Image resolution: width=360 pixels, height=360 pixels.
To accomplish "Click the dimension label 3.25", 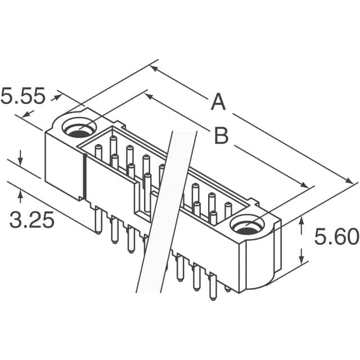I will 31,219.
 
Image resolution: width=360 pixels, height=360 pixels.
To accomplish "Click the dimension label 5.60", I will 336,237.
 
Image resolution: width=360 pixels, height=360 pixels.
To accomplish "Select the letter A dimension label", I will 218,103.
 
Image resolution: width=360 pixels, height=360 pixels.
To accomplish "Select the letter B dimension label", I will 221,136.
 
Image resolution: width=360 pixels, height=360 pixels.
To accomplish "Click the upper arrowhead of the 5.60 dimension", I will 302,222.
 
